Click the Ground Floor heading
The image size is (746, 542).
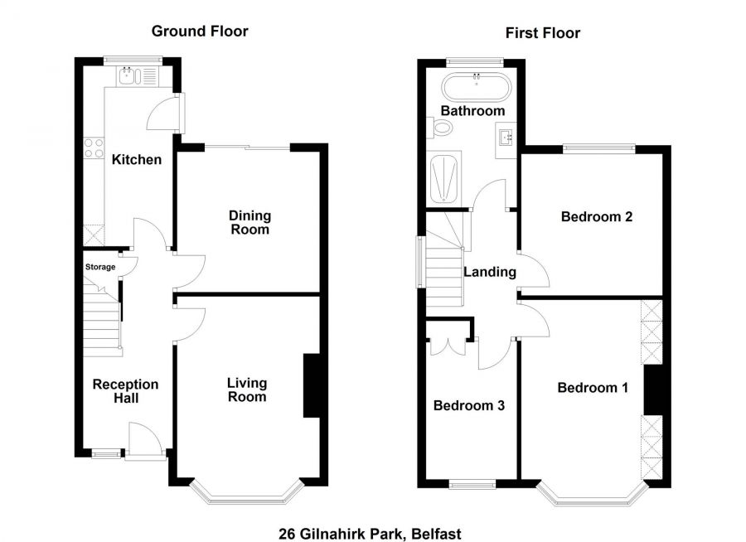[200, 31]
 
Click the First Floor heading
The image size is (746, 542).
[542, 33]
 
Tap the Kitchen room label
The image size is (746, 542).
[137, 159]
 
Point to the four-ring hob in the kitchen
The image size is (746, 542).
[94, 148]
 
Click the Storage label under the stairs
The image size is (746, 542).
[100, 267]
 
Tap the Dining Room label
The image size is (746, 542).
[249, 222]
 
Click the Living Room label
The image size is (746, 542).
[247, 390]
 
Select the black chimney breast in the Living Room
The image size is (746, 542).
[311, 385]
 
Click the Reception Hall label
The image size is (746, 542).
[126, 391]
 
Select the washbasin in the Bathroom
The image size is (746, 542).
[506, 139]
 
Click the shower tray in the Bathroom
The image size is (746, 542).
[444, 179]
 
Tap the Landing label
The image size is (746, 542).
[490, 272]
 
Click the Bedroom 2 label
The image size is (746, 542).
[597, 216]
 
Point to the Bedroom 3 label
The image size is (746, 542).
[469, 405]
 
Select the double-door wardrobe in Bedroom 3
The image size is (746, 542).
[448, 345]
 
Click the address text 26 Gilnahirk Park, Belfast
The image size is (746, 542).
[370, 534]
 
